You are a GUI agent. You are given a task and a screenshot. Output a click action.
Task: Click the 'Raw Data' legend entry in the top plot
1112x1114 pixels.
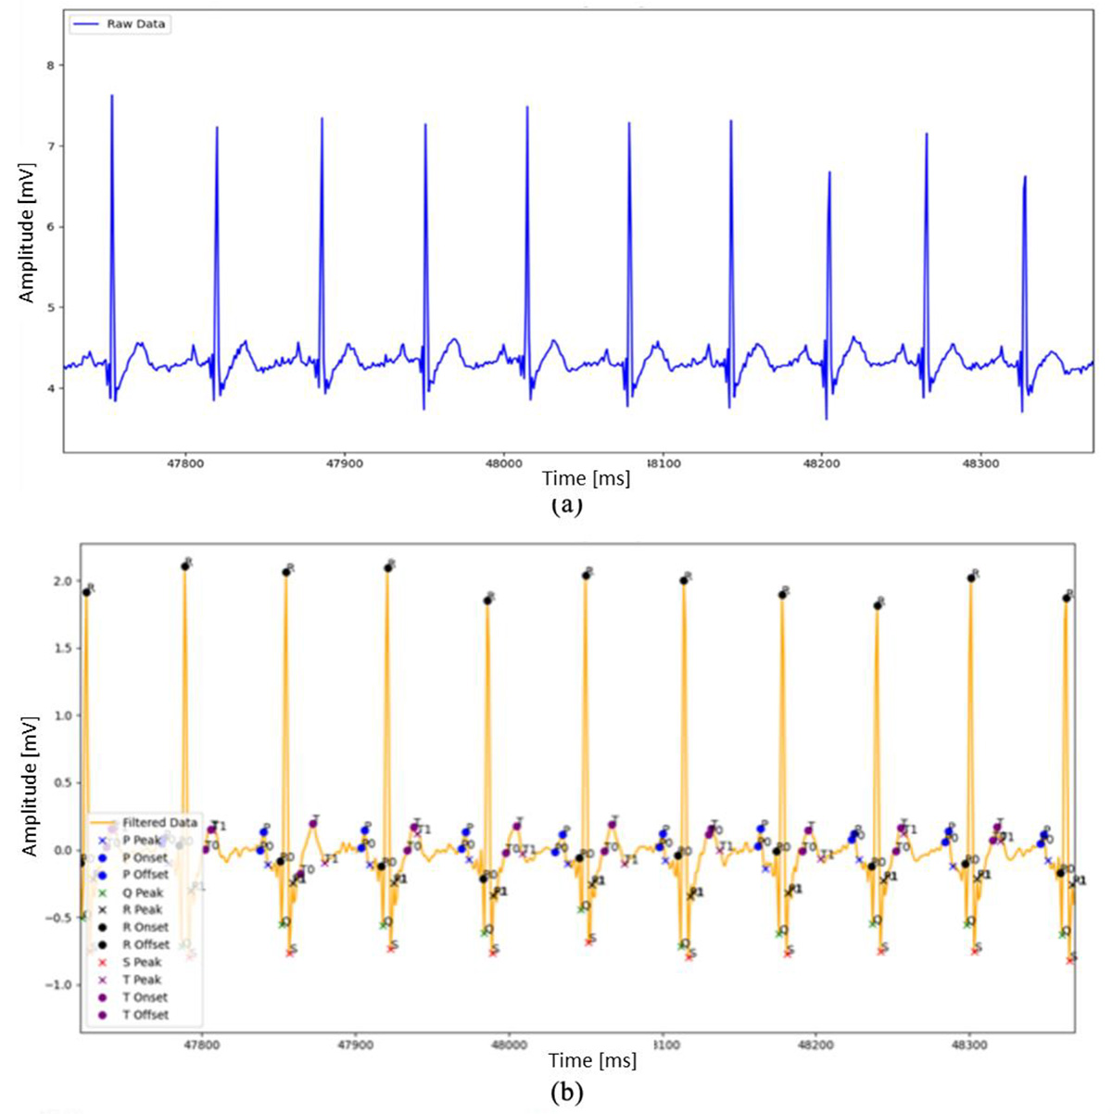(x=135, y=24)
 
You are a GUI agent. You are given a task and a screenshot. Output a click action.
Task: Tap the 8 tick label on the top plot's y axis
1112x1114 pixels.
(x=51, y=66)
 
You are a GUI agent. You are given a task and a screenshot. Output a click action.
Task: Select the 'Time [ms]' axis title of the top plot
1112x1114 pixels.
(x=586, y=478)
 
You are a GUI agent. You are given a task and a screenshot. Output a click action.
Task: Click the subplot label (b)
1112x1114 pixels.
(x=567, y=1093)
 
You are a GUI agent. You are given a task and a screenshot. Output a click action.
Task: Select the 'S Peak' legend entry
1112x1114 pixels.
(x=142, y=962)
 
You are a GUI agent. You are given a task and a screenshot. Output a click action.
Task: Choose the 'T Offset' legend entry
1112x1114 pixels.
(x=145, y=1015)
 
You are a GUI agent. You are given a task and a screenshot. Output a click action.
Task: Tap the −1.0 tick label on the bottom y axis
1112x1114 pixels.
(x=57, y=985)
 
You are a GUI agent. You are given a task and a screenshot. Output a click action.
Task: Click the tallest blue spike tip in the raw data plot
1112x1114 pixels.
(x=111, y=95)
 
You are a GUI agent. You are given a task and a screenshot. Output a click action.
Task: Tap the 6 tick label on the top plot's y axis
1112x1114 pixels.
(x=51, y=227)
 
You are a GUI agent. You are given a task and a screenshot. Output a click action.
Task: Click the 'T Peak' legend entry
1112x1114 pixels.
(x=142, y=980)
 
